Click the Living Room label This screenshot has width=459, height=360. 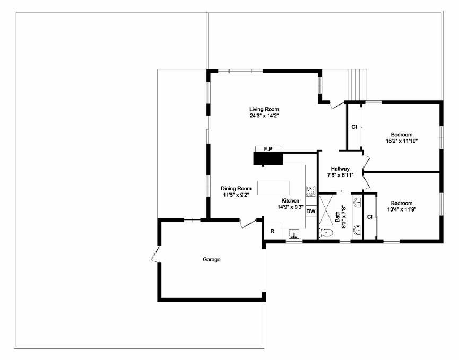(x=264, y=109)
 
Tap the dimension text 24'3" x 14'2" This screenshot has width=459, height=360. (x=264, y=116)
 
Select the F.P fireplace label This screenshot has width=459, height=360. (x=268, y=149)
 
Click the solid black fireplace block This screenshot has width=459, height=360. (x=268, y=159)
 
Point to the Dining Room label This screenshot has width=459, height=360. (x=236, y=188)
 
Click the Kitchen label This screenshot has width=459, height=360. (x=290, y=200)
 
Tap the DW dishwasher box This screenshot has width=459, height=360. (x=311, y=211)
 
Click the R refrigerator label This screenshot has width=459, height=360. (x=272, y=231)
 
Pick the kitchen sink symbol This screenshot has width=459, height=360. (x=294, y=233)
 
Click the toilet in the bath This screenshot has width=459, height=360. (x=326, y=233)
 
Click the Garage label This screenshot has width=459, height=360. (x=211, y=260)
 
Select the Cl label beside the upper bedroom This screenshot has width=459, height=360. (x=354, y=127)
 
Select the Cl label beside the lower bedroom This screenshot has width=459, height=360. (x=369, y=216)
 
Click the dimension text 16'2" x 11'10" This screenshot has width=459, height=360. (x=402, y=141)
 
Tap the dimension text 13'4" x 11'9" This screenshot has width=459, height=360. (x=402, y=210)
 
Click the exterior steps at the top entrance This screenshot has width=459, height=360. (x=357, y=85)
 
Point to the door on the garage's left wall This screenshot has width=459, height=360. (x=155, y=254)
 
